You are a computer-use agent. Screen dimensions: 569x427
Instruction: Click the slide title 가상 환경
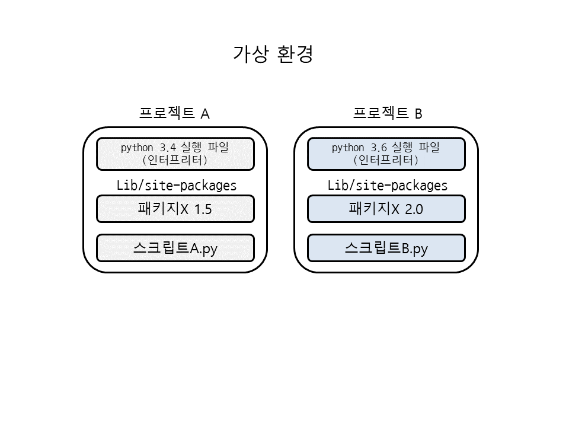(273, 53)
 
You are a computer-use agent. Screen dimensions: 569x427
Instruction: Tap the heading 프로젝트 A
(174, 113)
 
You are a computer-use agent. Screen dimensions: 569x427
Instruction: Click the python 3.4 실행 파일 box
(175, 154)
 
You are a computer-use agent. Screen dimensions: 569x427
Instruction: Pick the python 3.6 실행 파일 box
(386, 154)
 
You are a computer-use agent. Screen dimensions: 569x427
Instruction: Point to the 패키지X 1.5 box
(175, 209)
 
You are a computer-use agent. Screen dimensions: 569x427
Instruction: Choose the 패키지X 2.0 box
(386, 209)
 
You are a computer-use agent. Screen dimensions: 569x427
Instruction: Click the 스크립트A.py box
(175, 248)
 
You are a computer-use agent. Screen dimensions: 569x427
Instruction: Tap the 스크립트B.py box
(386, 248)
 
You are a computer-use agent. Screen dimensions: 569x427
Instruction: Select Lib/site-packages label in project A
(177, 185)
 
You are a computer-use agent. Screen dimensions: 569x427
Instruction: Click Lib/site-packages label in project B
(388, 185)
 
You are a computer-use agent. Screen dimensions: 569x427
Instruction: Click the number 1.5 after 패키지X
(203, 209)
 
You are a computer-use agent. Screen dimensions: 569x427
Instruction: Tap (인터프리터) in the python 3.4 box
(175, 160)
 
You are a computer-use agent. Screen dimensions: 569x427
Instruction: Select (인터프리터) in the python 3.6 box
(386, 160)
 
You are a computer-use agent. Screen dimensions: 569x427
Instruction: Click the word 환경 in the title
(295, 53)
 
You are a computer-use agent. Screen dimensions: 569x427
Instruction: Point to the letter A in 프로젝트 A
(205, 114)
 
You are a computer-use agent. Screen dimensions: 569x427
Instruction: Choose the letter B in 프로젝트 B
(418, 114)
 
